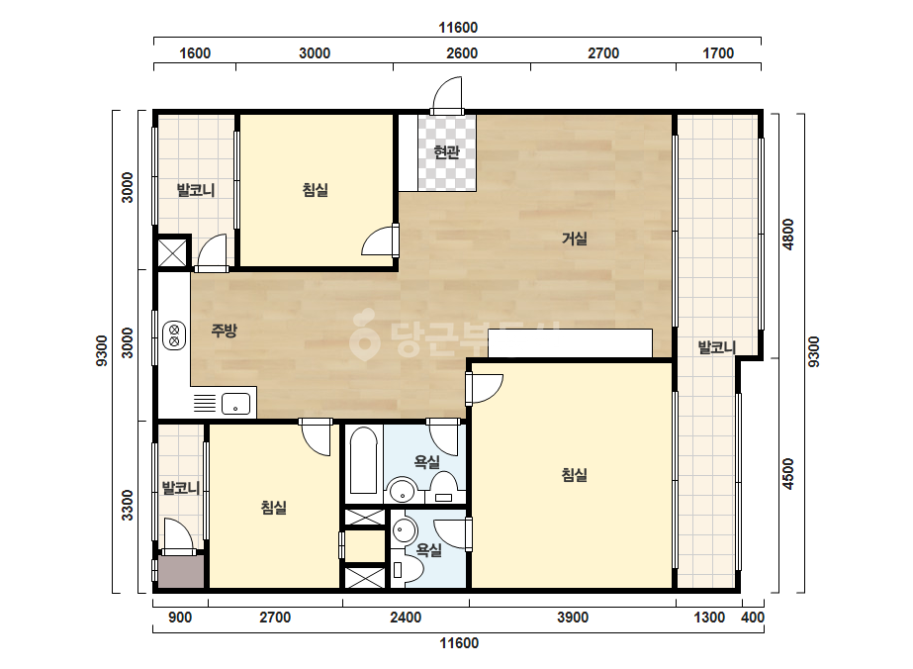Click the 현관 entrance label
(446, 152)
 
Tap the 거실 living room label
(574, 239)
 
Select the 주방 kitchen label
(225, 331)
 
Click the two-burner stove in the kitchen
(174, 335)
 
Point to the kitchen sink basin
(235, 403)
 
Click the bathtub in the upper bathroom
(364, 461)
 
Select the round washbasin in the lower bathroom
(405, 530)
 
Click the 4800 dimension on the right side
(787, 235)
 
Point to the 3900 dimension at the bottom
(573, 618)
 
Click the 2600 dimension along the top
(462, 53)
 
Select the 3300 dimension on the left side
(127, 506)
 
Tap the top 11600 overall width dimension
(458, 28)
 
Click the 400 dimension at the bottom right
(753, 618)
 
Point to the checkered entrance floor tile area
(446, 152)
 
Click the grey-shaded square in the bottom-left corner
(181, 571)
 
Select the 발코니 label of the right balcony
(717, 348)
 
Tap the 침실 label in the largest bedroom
(574, 475)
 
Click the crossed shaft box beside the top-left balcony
(172, 253)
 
